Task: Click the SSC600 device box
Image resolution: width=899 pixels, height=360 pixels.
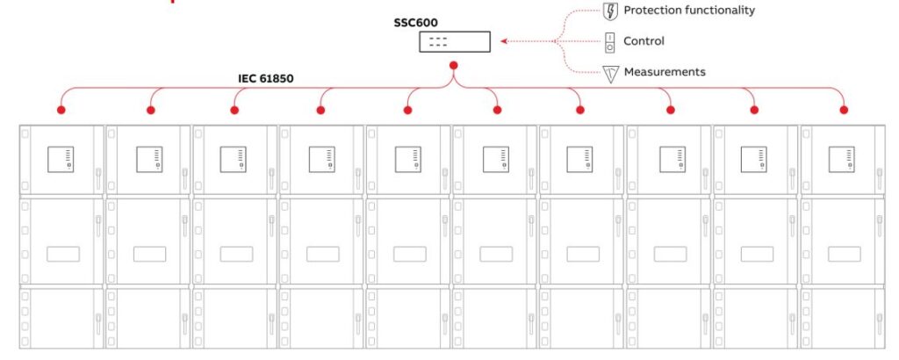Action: [453, 41]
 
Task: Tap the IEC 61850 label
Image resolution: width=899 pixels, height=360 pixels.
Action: [266, 78]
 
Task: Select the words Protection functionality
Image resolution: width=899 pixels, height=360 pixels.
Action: [688, 11]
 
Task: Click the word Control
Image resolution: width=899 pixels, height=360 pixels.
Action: [644, 41]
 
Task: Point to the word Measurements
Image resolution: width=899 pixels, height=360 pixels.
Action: [664, 72]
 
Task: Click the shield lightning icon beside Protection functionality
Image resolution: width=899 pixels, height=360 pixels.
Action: [611, 11]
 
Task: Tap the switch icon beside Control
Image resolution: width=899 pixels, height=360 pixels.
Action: [610, 41]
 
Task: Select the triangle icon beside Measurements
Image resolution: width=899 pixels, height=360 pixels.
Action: [611, 73]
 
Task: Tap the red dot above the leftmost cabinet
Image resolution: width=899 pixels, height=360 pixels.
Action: [61, 110]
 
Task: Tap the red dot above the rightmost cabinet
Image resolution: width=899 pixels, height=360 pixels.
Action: [844, 110]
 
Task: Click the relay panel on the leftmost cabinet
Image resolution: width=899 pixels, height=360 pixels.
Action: [63, 159]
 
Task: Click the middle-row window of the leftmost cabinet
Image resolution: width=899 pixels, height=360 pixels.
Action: [63, 254]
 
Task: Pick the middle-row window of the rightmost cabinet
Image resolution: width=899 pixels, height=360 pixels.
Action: [844, 254]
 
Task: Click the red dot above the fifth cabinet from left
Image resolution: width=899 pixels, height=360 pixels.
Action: [408, 110]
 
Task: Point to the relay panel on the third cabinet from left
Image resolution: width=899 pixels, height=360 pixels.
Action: [235, 159]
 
